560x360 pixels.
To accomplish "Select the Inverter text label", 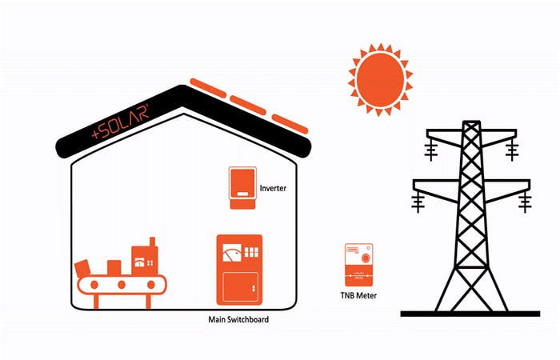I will (273, 189).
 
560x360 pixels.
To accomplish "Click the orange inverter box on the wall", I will (242, 189).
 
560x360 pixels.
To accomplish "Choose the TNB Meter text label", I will (353, 296).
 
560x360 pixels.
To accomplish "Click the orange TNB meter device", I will (358, 265).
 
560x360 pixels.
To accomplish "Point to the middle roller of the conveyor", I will (122, 285).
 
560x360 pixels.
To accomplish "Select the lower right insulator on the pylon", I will (524, 203).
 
